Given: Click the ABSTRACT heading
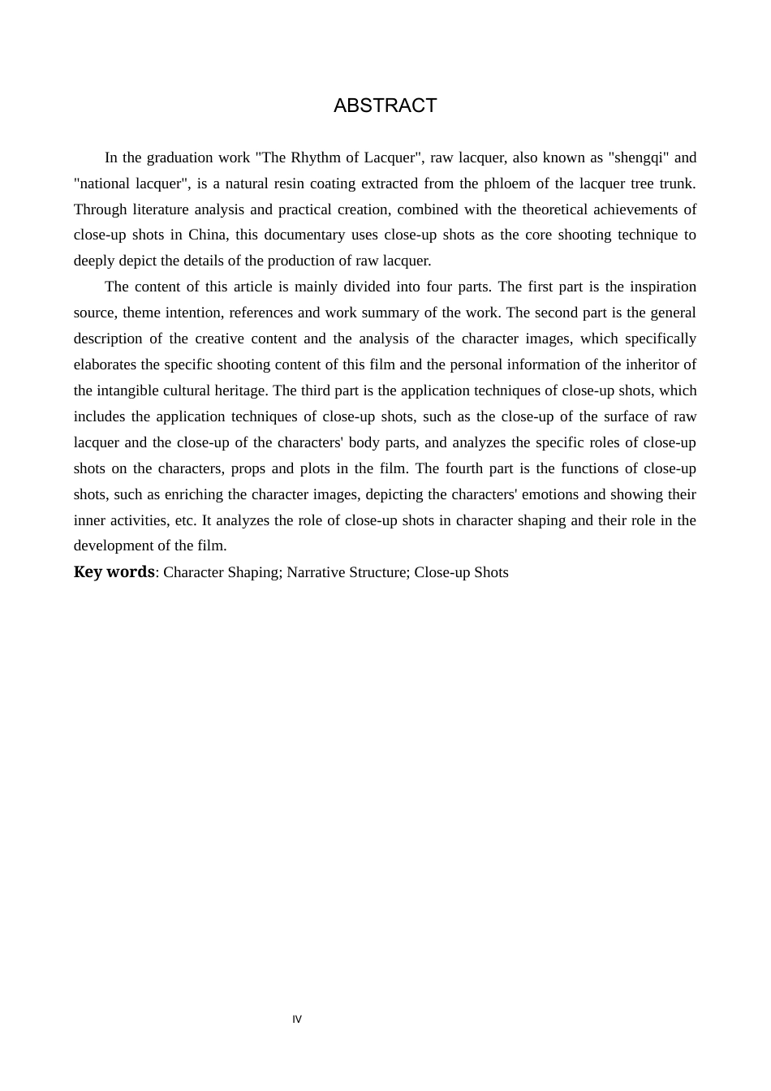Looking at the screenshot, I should [x=385, y=106].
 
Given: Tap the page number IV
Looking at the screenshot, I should [x=297, y=1020].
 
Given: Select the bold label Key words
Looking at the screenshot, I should [x=114, y=571].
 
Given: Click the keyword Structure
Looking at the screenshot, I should [x=378, y=572].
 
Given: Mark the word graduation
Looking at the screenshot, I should [x=179, y=157].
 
